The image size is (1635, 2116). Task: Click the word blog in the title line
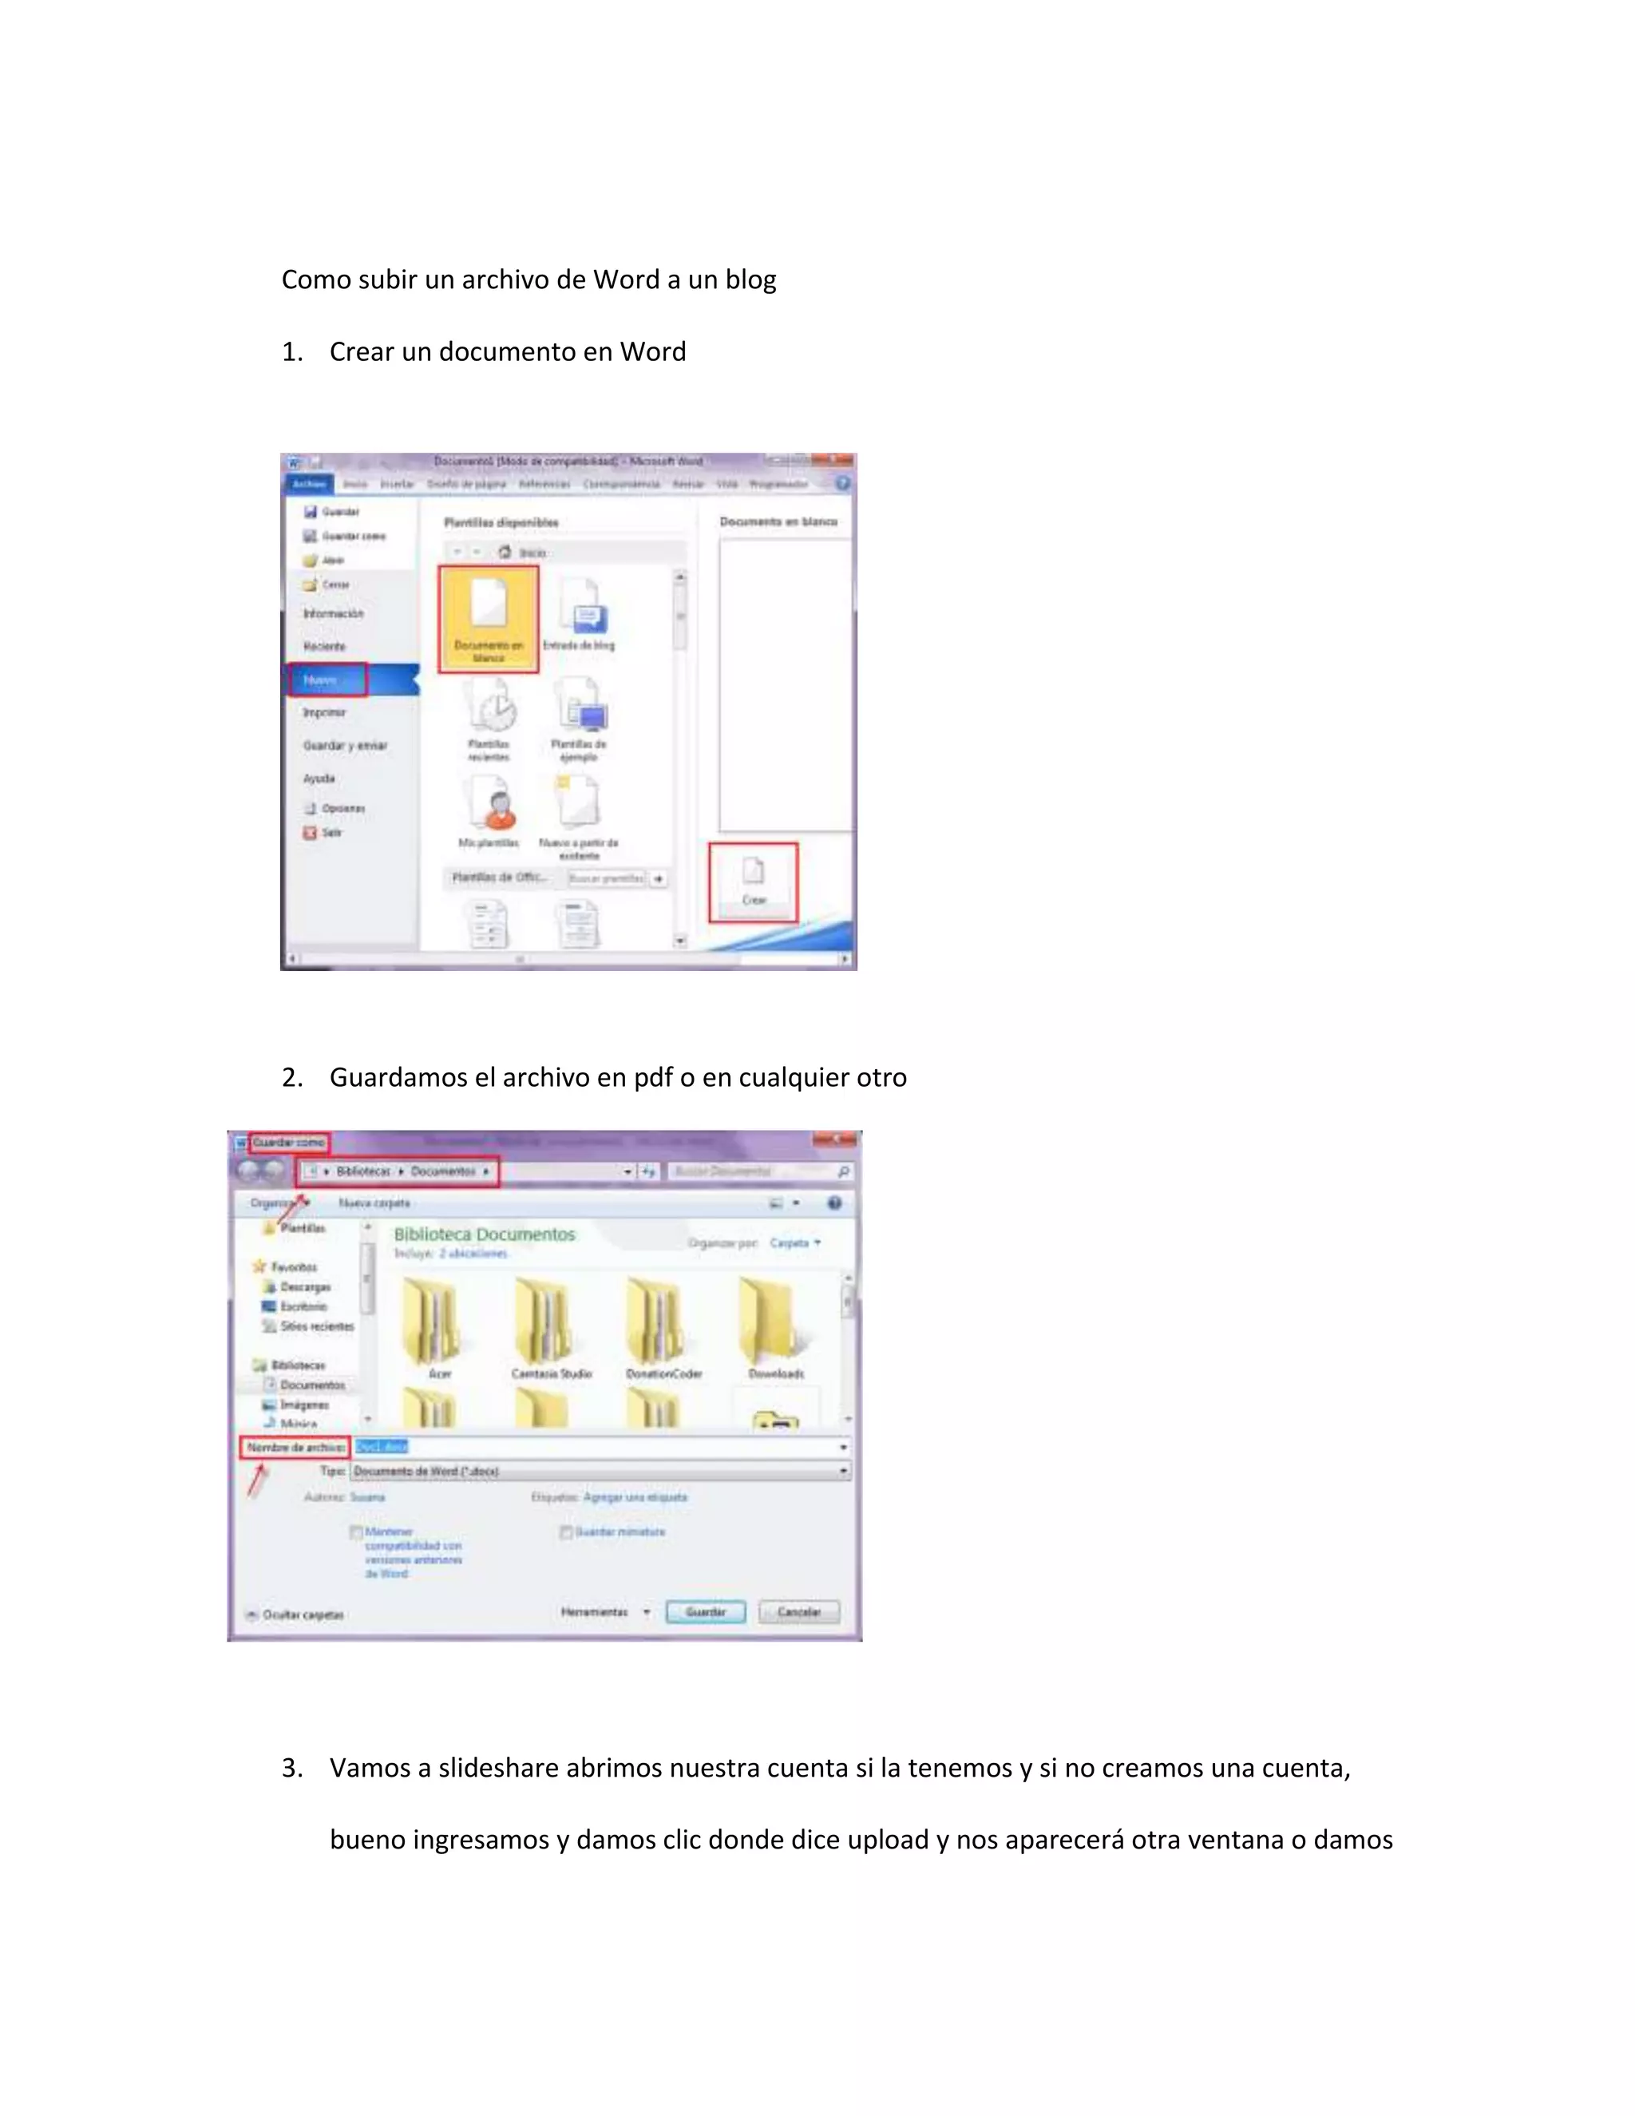point(750,280)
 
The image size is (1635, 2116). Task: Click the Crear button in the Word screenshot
point(754,882)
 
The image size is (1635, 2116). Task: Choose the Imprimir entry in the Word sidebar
point(323,713)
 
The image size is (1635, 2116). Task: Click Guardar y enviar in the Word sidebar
point(345,746)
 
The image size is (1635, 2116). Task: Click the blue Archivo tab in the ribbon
point(309,483)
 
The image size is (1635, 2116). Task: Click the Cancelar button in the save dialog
point(799,1612)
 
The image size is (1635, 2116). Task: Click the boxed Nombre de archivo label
point(295,1448)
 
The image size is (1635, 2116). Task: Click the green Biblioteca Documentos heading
point(485,1234)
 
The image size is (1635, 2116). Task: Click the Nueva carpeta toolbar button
point(374,1203)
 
